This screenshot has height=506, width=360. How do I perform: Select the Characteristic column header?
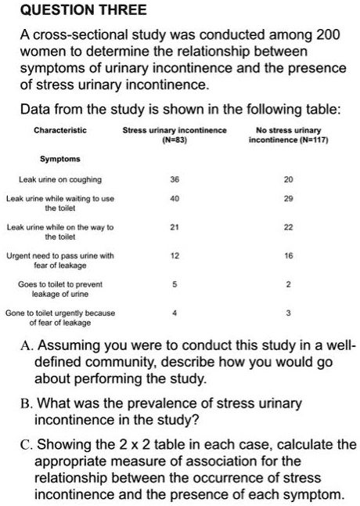(x=60, y=129)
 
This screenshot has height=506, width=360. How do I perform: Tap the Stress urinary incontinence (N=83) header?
(x=175, y=134)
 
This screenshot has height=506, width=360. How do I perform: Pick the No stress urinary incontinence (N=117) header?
(x=288, y=134)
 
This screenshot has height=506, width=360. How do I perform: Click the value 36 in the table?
(x=175, y=179)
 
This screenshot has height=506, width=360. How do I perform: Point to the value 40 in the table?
(x=175, y=199)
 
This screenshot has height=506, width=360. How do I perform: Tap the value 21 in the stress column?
(x=175, y=228)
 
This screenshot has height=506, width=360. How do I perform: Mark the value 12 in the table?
(x=175, y=256)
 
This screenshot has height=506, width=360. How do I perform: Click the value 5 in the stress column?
(x=175, y=285)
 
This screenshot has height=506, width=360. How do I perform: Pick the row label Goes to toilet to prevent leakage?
(x=60, y=289)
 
